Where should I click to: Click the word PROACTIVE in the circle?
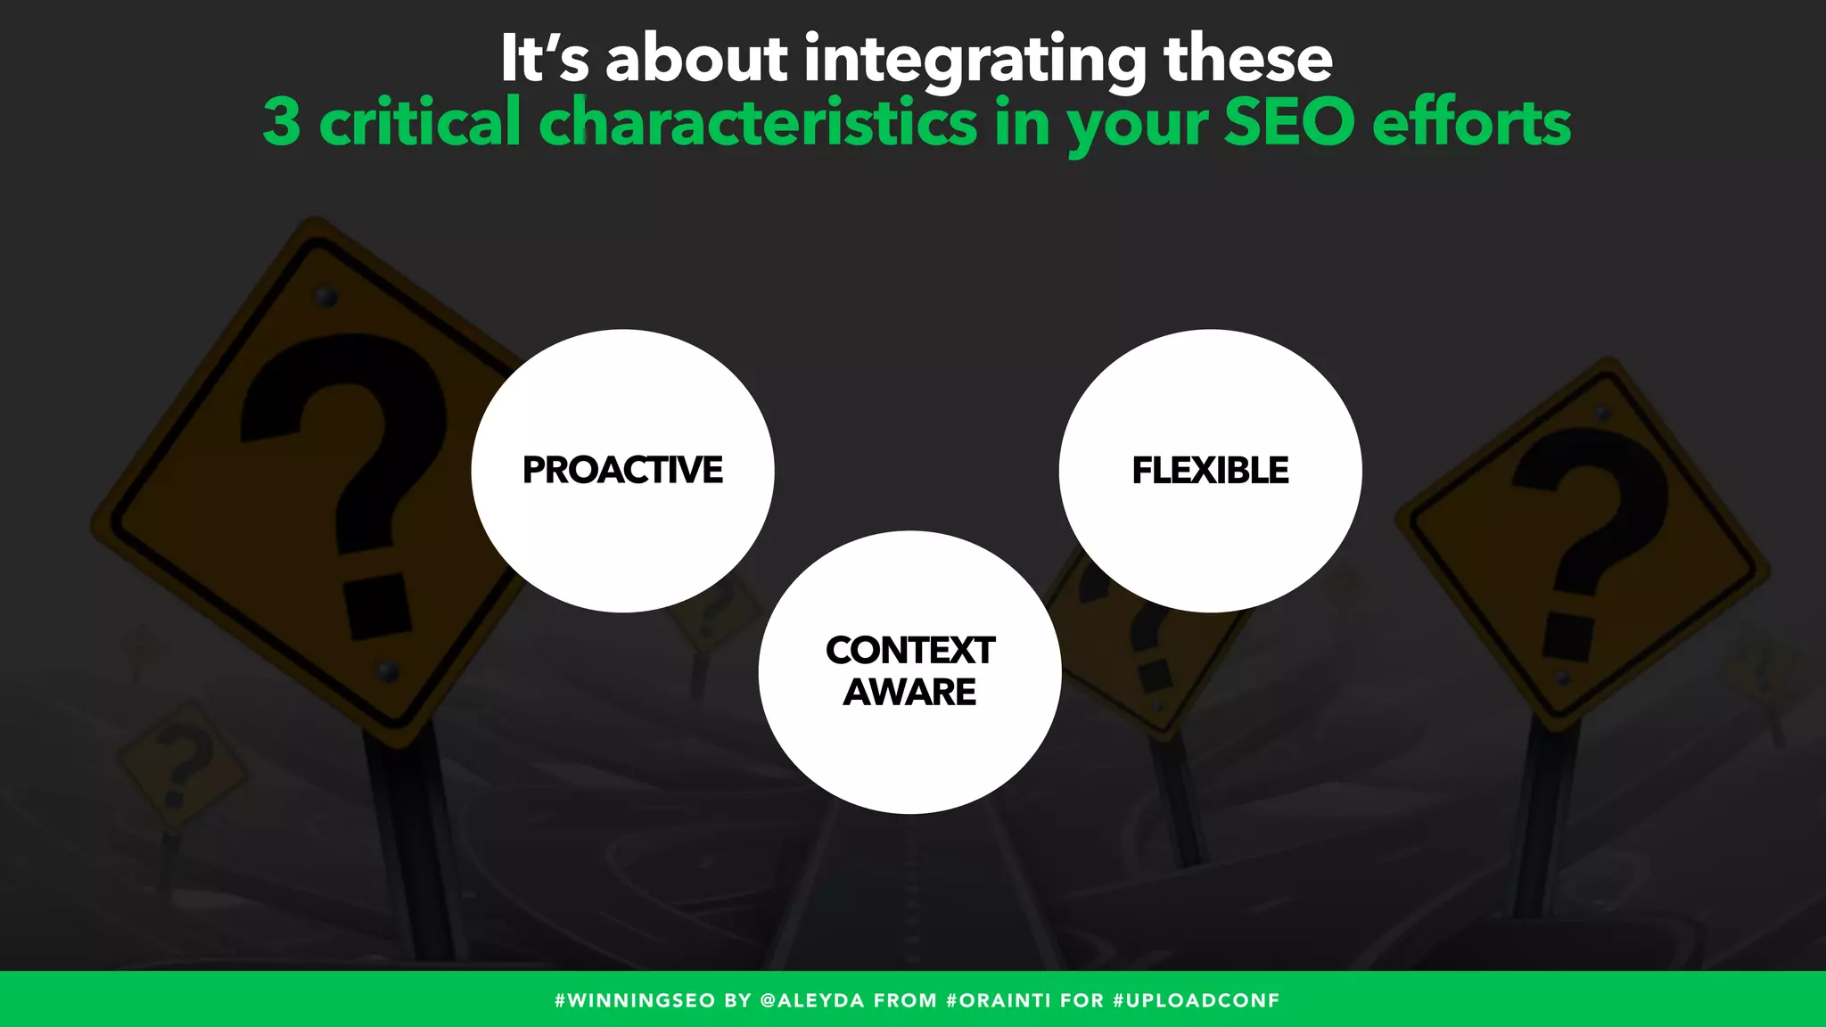pos(622,470)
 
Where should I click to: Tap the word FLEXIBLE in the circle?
pos(1210,470)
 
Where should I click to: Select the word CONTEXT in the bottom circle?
pos(909,650)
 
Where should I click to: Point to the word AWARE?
pos(909,692)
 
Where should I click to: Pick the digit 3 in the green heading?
pos(282,122)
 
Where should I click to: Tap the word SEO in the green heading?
pos(1289,122)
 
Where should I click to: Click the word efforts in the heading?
pos(1471,122)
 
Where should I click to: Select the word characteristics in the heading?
pos(758,122)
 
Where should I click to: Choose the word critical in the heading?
pos(419,122)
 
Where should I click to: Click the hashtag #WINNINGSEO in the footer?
pos(634,1000)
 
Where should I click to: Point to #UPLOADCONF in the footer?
pos(1196,1000)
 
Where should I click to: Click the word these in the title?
pos(1247,60)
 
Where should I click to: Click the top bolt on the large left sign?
pos(326,296)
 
